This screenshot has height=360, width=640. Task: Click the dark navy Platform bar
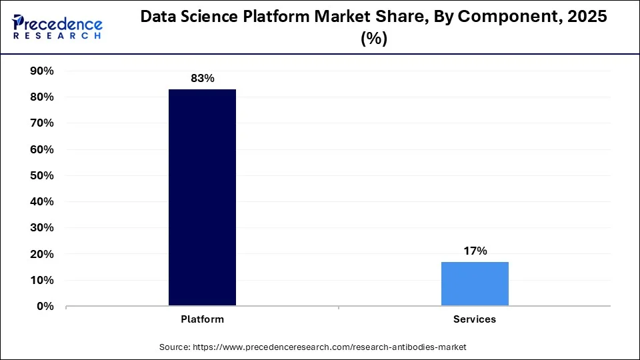202,197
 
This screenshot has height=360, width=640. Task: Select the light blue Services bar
475,284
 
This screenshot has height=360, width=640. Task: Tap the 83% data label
202,79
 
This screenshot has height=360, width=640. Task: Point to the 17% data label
475,251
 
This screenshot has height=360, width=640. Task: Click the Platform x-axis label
202,319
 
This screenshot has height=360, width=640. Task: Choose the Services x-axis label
475,319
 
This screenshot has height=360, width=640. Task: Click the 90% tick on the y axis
42,71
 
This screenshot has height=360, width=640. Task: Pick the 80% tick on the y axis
42,97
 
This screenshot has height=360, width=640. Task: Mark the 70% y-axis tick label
42,123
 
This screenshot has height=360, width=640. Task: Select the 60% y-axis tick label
42,150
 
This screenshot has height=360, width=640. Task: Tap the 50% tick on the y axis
42,176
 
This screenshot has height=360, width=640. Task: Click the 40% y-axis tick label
42,202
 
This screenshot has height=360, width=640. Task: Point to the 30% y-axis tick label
42,228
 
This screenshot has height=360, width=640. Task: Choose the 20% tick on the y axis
42,255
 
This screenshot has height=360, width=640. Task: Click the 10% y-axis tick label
42,281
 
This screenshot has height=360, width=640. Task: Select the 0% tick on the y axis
45,307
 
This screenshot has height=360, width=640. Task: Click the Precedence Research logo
57,27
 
